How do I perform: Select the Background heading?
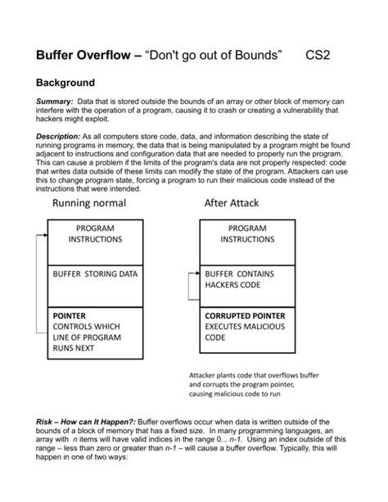pyautogui.click(x=65, y=84)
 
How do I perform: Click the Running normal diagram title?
pyautogui.click(x=89, y=202)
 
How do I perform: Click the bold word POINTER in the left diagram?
pyautogui.click(x=69, y=315)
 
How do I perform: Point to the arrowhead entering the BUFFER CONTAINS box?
pyautogui.click(x=196, y=274)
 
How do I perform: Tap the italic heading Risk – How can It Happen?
pyautogui.click(x=88, y=420)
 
